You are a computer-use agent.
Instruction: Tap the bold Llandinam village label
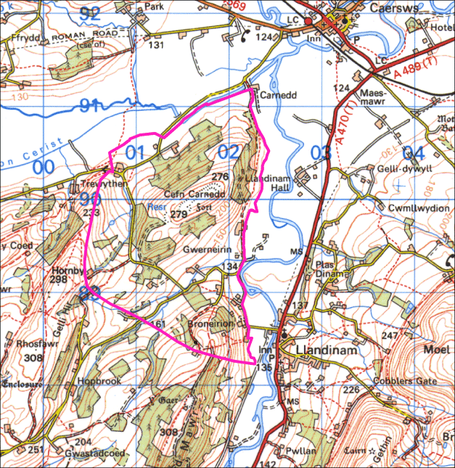point(326,350)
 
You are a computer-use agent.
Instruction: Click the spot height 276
point(220,177)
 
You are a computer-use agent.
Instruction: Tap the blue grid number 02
point(229,152)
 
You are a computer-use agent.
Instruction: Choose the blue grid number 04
point(412,153)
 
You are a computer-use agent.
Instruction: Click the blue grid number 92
point(91,12)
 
